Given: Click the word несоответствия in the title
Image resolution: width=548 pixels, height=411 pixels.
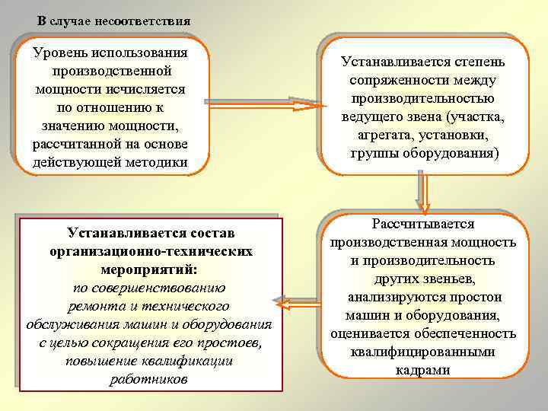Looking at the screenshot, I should (x=142, y=20).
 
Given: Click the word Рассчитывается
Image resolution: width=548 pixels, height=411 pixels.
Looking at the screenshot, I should (x=423, y=225).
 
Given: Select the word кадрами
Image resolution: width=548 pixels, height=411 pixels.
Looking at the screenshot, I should (x=423, y=370).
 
